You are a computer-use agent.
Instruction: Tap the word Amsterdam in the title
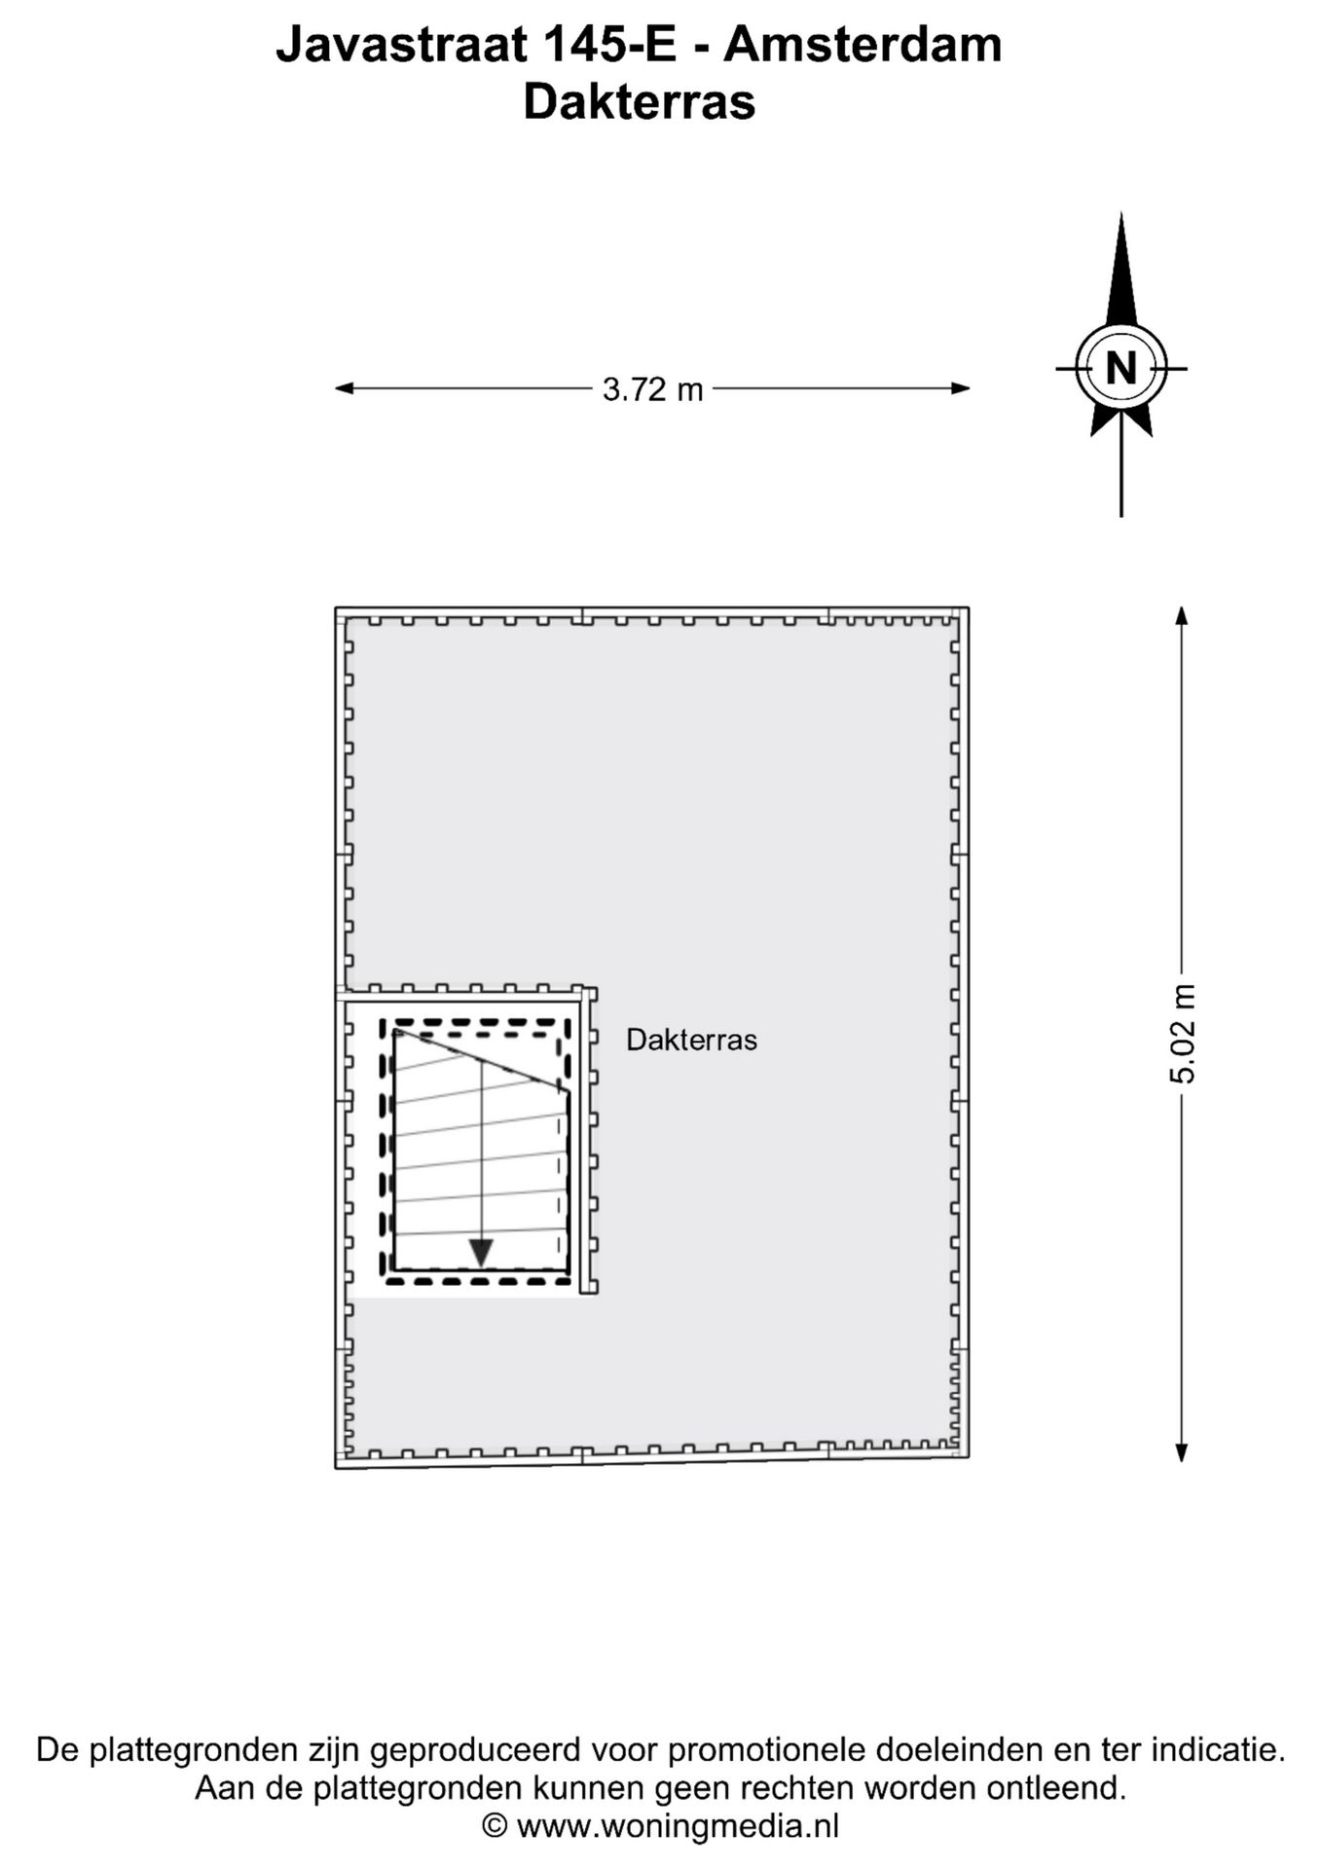point(863,46)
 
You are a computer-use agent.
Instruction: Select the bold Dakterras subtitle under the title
point(640,102)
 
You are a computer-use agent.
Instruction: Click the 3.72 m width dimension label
point(652,389)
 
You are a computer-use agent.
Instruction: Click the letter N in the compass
point(1121,369)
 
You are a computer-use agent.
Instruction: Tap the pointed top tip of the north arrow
point(1121,213)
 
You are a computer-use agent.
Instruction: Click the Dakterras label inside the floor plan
point(691,1040)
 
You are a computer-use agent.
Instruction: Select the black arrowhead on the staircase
point(481,1253)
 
